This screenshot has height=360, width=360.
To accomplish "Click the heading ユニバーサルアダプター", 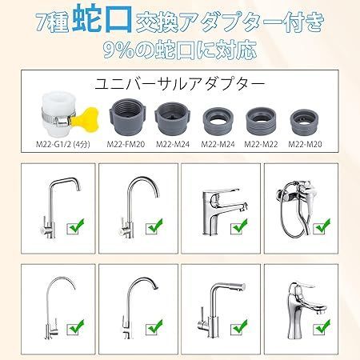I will coord(179,82).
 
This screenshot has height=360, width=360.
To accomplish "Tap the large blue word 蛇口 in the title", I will coord(96,18).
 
